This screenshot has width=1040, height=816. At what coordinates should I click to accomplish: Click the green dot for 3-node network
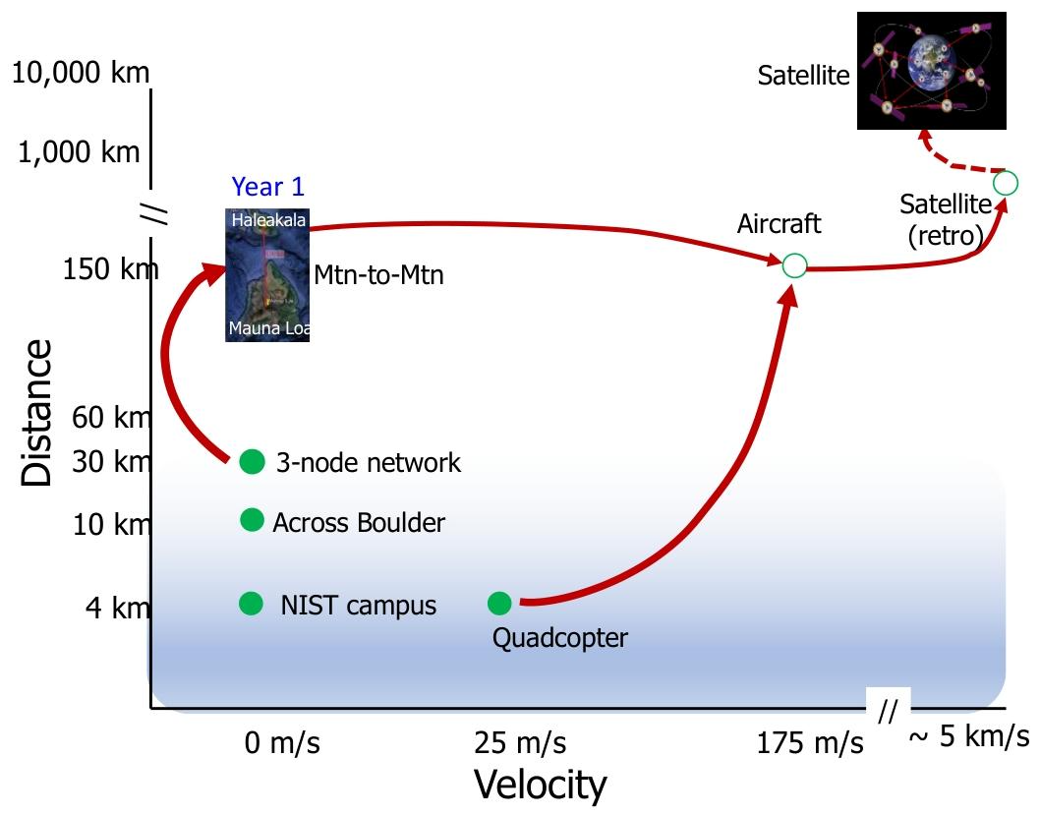(x=253, y=461)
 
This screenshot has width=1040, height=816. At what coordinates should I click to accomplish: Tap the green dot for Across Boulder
(x=253, y=520)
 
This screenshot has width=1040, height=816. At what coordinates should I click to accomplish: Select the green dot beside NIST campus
(x=252, y=603)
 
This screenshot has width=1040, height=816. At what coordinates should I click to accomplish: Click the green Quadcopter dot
(x=499, y=603)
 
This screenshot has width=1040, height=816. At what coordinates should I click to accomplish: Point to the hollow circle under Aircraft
(x=794, y=264)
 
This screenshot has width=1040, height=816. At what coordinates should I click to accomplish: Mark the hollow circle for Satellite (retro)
(x=1005, y=182)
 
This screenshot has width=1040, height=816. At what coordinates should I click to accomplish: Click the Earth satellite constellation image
(x=932, y=71)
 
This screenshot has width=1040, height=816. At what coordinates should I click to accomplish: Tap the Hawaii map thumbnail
(x=267, y=274)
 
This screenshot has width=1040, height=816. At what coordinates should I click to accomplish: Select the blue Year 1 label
(x=268, y=187)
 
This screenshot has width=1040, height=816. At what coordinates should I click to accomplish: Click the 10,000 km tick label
(x=82, y=73)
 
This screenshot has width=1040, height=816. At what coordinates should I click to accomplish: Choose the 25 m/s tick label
(x=519, y=742)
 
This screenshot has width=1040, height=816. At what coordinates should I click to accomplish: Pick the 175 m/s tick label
(x=810, y=742)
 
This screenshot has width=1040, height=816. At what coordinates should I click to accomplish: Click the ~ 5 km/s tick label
(x=969, y=736)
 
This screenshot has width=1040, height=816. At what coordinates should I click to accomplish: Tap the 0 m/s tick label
(x=282, y=742)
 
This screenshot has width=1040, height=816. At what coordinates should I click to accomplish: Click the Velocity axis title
(x=541, y=786)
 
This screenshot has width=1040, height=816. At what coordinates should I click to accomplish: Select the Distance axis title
(x=36, y=413)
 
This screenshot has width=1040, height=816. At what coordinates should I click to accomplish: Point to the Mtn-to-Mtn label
(x=378, y=275)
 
